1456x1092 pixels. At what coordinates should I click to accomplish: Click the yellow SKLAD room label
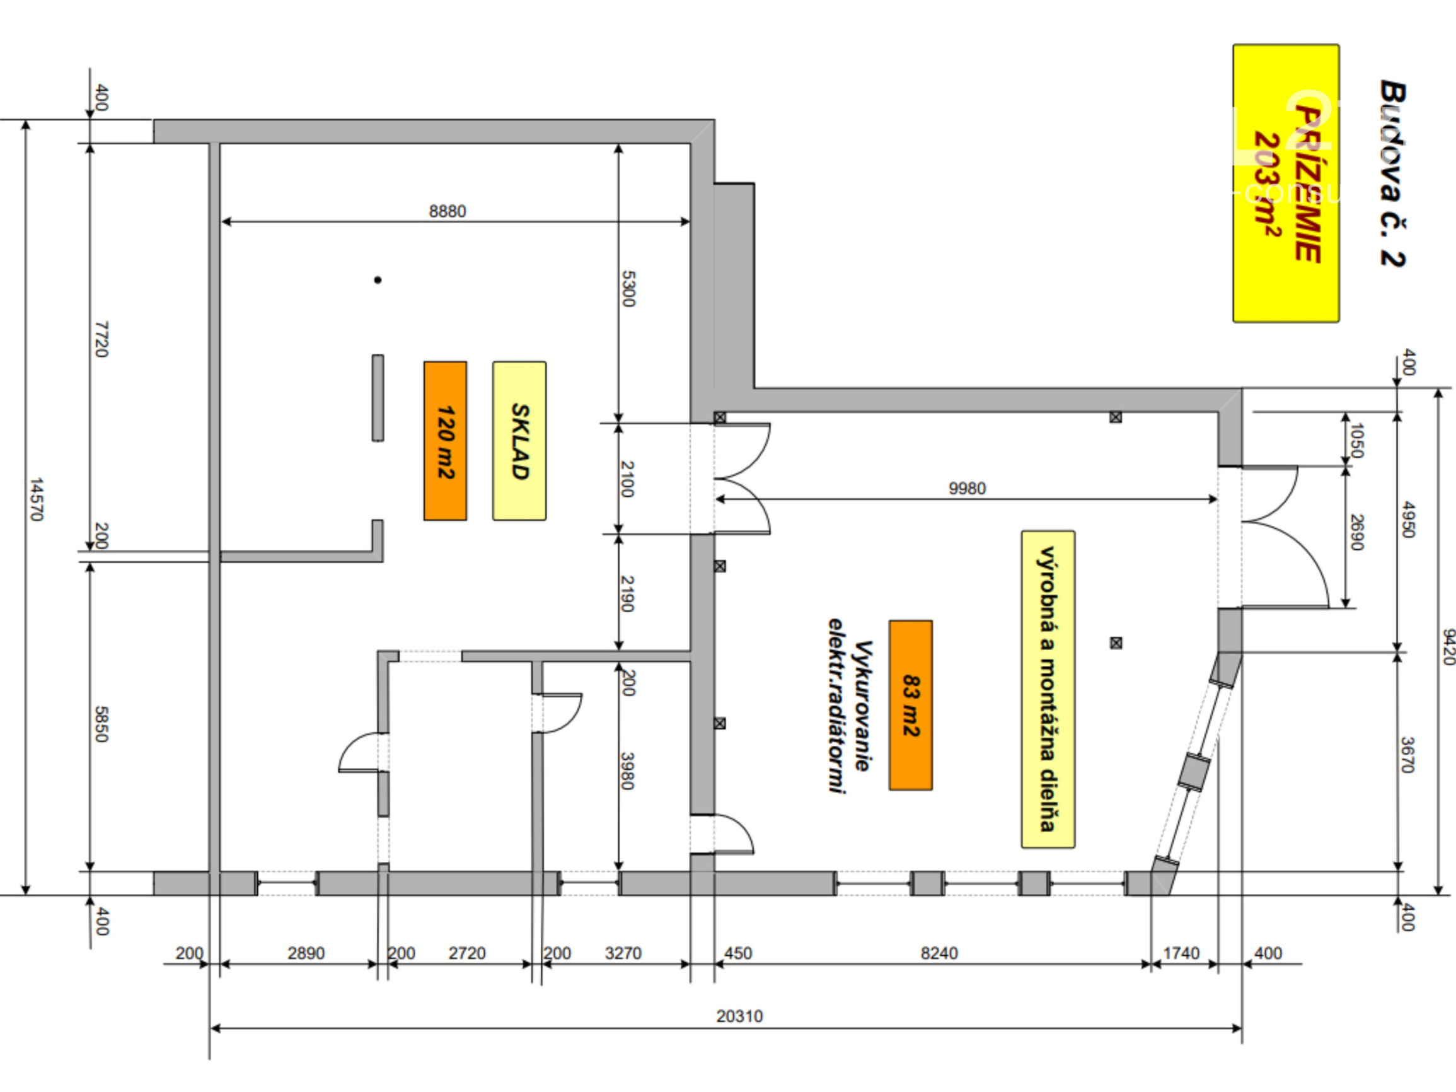(x=519, y=440)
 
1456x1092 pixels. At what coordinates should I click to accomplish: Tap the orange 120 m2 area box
(x=445, y=440)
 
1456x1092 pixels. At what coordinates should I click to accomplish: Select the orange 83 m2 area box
(x=910, y=705)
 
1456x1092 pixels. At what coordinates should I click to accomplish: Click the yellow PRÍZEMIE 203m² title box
(x=1286, y=183)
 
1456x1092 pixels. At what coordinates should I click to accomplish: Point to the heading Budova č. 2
(x=1392, y=174)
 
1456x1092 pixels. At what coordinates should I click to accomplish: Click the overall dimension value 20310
(x=739, y=1016)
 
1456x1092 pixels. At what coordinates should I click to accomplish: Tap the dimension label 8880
(x=447, y=211)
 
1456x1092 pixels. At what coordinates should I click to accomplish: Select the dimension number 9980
(x=967, y=489)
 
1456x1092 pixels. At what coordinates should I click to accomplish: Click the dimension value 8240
(x=939, y=953)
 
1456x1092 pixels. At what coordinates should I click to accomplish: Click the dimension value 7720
(x=101, y=339)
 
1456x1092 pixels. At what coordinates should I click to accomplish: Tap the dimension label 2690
(x=1356, y=532)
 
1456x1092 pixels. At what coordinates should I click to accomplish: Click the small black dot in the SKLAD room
(x=378, y=280)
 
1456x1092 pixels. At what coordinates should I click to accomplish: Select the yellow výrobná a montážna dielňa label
(x=1048, y=688)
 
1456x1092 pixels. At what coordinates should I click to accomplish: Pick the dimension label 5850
(x=101, y=724)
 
